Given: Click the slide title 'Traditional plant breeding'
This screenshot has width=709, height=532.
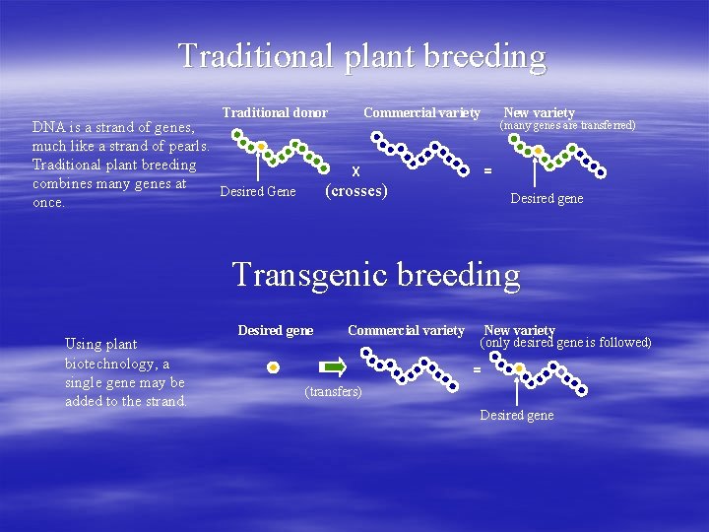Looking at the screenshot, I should click(361, 55).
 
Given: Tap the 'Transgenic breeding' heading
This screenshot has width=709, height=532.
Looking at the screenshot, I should click(375, 274).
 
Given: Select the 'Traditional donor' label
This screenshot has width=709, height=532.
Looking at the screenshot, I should click(275, 113).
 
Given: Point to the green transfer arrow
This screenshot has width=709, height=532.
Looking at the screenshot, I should click(336, 367).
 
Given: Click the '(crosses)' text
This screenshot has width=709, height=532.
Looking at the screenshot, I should click(355, 190).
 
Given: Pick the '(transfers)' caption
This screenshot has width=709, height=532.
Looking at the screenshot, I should click(334, 392).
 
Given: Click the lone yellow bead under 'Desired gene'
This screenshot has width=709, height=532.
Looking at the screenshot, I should click(274, 367).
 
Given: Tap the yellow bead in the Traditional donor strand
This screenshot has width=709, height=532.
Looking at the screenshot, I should click(261, 146).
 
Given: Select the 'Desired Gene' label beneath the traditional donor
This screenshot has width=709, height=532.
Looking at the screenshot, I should click(257, 191).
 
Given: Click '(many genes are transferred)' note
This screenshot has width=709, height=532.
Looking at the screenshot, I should click(567, 125).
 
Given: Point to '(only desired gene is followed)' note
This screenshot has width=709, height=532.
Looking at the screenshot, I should click(565, 343).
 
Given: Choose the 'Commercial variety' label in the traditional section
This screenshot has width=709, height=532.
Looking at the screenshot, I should click(421, 113).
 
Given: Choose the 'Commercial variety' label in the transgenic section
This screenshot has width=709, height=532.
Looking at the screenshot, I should click(406, 330).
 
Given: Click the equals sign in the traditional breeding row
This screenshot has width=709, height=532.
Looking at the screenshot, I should click(486, 169).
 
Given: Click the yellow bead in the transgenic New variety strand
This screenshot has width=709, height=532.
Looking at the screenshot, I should click(519, 368).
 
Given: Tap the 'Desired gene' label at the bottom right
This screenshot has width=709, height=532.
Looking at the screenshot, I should click(516, 415).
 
